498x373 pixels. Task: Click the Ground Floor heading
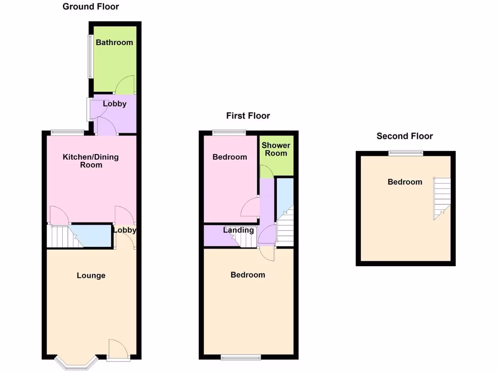coord(91,7)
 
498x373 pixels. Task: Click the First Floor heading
coord(248,116)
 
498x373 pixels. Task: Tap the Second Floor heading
coord(405,136)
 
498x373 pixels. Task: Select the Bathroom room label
coord(114,43)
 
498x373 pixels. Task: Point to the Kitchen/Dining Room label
coord(91,161)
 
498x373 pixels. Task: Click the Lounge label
coord(91,276)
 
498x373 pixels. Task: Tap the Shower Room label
coord(276,149)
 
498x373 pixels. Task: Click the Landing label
coord(238,230)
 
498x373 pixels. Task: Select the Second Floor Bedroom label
coord(405,182)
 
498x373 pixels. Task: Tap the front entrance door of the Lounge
coord(118,350)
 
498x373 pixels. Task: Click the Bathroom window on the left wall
coord(90,56)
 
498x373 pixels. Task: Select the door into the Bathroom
coord(125,85)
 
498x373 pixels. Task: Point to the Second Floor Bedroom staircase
coord(442,197)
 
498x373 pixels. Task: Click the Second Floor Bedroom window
coord(406,153)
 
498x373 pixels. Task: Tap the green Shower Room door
coord(266,172)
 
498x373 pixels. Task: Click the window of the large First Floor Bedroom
coord(241,358)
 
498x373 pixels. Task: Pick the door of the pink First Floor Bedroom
coord(250,207)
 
